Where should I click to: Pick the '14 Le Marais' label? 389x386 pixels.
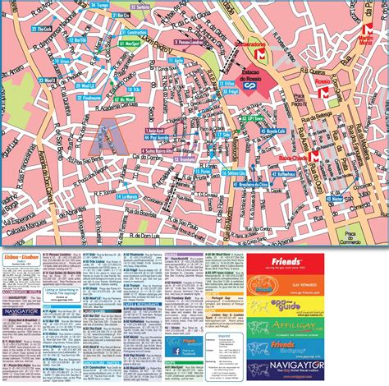[126, 197]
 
